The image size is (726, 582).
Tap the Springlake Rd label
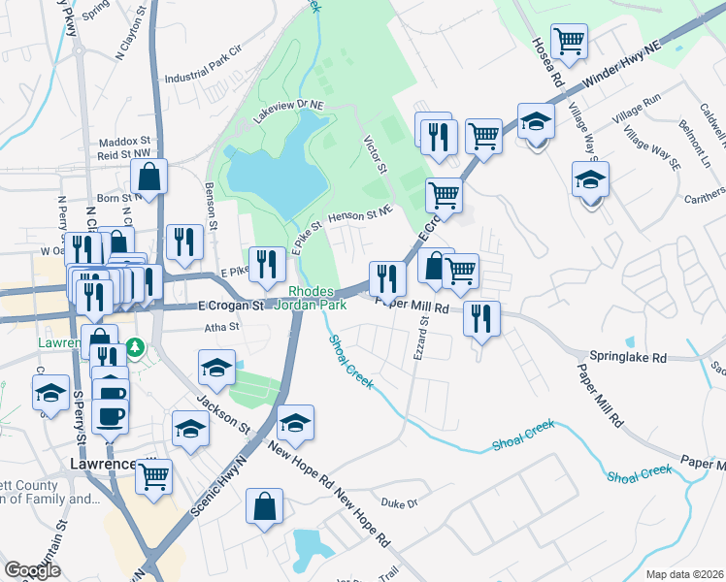point(631,357)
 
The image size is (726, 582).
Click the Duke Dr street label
point(398,503)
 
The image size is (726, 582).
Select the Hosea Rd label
point(543,61)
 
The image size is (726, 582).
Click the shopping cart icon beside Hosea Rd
point(569,41)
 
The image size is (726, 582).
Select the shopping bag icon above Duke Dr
point(264,506)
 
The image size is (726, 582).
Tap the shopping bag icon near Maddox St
point(149,177)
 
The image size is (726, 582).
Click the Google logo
point(33,571)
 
